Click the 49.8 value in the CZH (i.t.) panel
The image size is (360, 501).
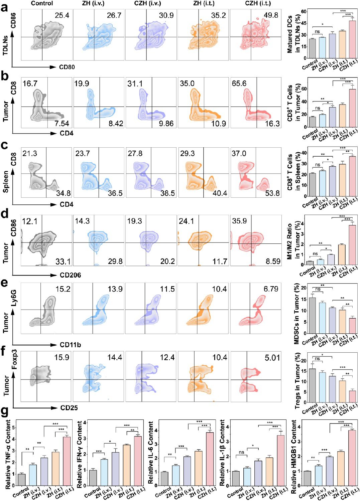(x=271, y=15)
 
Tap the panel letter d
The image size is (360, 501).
(x=5, y=214)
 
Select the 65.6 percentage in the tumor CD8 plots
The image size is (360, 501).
(x=239, y=83)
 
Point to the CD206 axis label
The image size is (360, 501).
(x=70, y=275)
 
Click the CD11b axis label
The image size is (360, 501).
(x=70, y=345)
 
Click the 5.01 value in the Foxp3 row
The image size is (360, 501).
(x=272, y=357)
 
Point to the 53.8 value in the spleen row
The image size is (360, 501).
(x=272, y=193)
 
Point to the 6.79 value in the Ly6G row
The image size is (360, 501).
(x=271, y=289)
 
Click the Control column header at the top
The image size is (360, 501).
(x=42, y=3)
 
